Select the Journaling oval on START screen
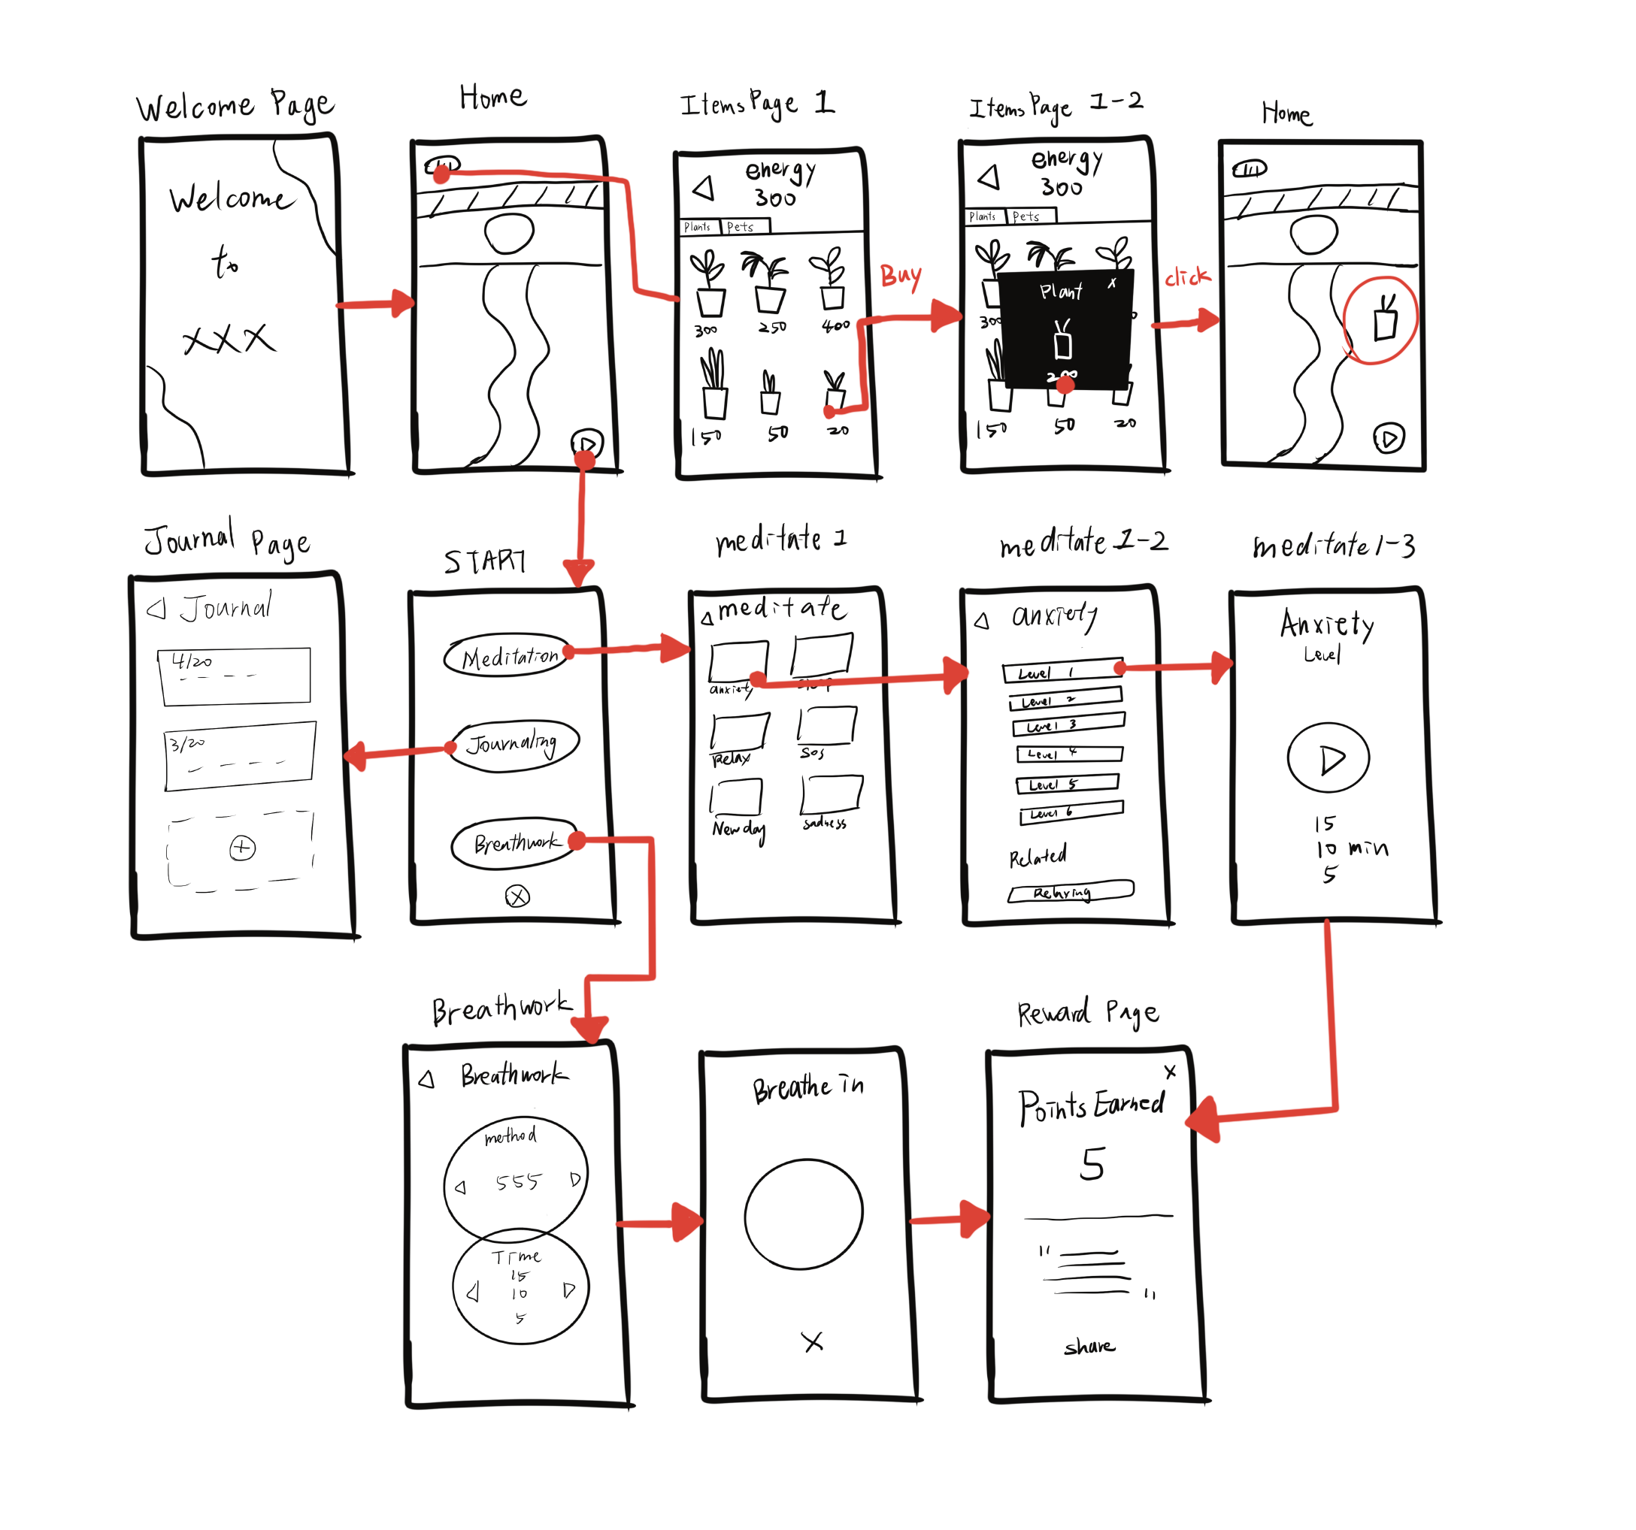tap(514, 745)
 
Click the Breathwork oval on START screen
tap(515, 842)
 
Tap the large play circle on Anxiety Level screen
tap(1328, 757)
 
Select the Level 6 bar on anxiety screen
tap(1071, 812)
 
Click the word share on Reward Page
tap(1089, 1346)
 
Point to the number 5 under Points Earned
tap(1092, 1164)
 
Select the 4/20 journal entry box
tap(235, 676)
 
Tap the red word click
tap(1186, 277)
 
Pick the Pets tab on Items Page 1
tap(744, 226)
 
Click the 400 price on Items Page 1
tap(835, 325)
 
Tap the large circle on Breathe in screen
tap(803, 1214)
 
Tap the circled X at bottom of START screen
tap(517, 896)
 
